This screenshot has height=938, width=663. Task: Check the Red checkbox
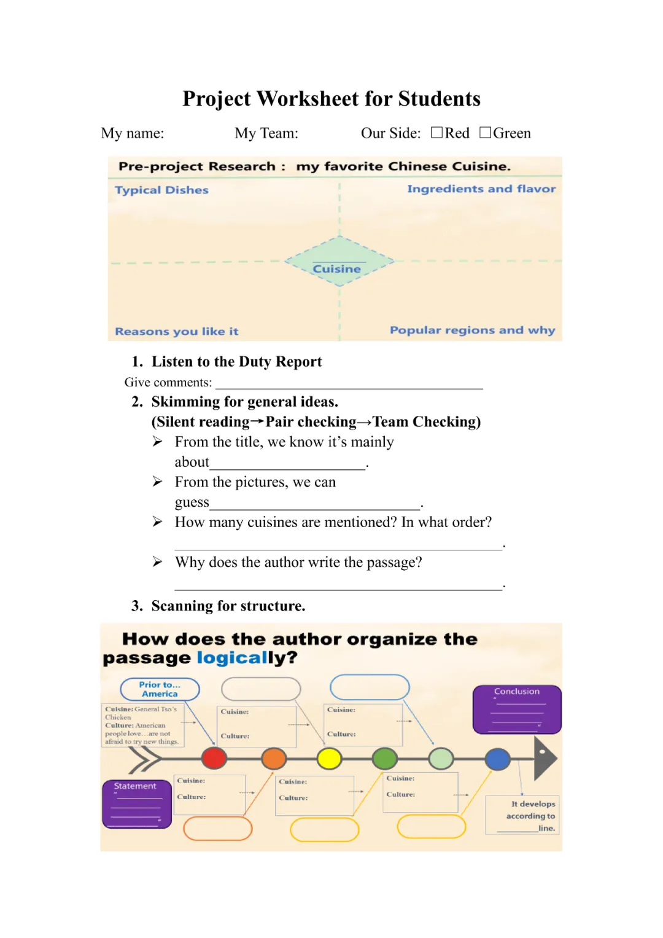click(x=436, y=133)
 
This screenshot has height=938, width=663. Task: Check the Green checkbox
click(x=485, y=133)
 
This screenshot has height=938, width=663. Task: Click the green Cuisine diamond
click(x=338, y=262)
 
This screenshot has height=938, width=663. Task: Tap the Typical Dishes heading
click(x=161, y=190)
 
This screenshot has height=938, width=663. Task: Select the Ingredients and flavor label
click(x=481, y=189)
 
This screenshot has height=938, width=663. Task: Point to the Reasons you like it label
click(x=176, y=332)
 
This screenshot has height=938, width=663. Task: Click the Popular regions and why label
click(x=472, y=330)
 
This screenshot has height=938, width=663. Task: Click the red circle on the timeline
click(x=214, y=758)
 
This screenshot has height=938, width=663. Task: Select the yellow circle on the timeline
click(x=329, y=759)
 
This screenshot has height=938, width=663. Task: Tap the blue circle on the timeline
click(x=497, y=759)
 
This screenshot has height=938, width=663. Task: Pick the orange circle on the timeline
click(x=274, y=759)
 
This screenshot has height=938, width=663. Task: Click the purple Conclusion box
click(x=517, y=709)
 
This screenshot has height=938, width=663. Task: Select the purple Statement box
click(x=136, y=804)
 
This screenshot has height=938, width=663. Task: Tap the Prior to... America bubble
click(x=160, y=689)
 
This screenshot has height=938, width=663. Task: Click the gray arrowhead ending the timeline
click(x=545, y=759)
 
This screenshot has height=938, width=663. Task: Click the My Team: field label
click(x=266, y=133)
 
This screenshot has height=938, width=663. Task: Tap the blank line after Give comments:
click(x=349, y=384)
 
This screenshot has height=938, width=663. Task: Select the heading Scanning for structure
click(x=228, y=606)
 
